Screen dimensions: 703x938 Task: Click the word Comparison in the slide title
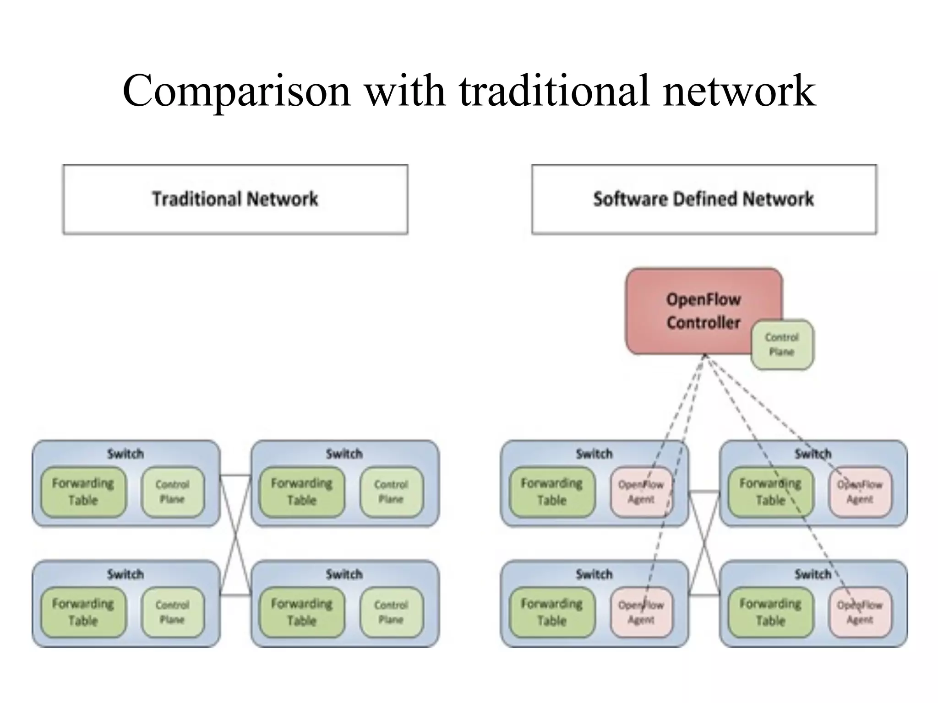point(236,92)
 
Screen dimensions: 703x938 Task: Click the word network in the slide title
point(739,92)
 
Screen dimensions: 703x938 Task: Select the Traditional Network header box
point(235,200)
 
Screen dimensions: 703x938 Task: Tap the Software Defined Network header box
point(703,200)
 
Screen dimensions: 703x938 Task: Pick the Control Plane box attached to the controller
point(782,345)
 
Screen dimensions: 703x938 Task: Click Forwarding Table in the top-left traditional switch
point(83,492)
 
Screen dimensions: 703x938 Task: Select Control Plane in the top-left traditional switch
point(172,492)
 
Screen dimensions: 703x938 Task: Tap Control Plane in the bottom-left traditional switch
point(172,612)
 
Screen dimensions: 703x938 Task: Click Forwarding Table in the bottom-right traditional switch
point(301,612)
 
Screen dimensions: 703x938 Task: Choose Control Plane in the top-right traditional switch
point(391,492)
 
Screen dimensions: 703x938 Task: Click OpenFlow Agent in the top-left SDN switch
point(641,492)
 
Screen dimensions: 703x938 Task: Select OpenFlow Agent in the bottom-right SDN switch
point(860,612)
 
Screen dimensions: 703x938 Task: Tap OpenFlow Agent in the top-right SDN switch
point(860,492)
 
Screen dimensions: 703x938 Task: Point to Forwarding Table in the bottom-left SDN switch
point(551,612)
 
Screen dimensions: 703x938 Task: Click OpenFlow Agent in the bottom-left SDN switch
point(641,612)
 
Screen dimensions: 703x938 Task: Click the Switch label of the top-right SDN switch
point(813,454)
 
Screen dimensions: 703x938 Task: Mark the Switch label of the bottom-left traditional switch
point(125,574)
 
